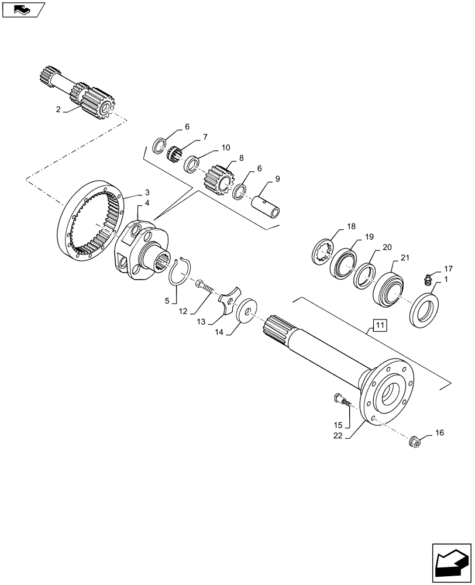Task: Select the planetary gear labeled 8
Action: pyautogui.click(x=220, y=179)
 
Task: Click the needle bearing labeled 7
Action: pyautogui.click(x=174, y=155)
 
